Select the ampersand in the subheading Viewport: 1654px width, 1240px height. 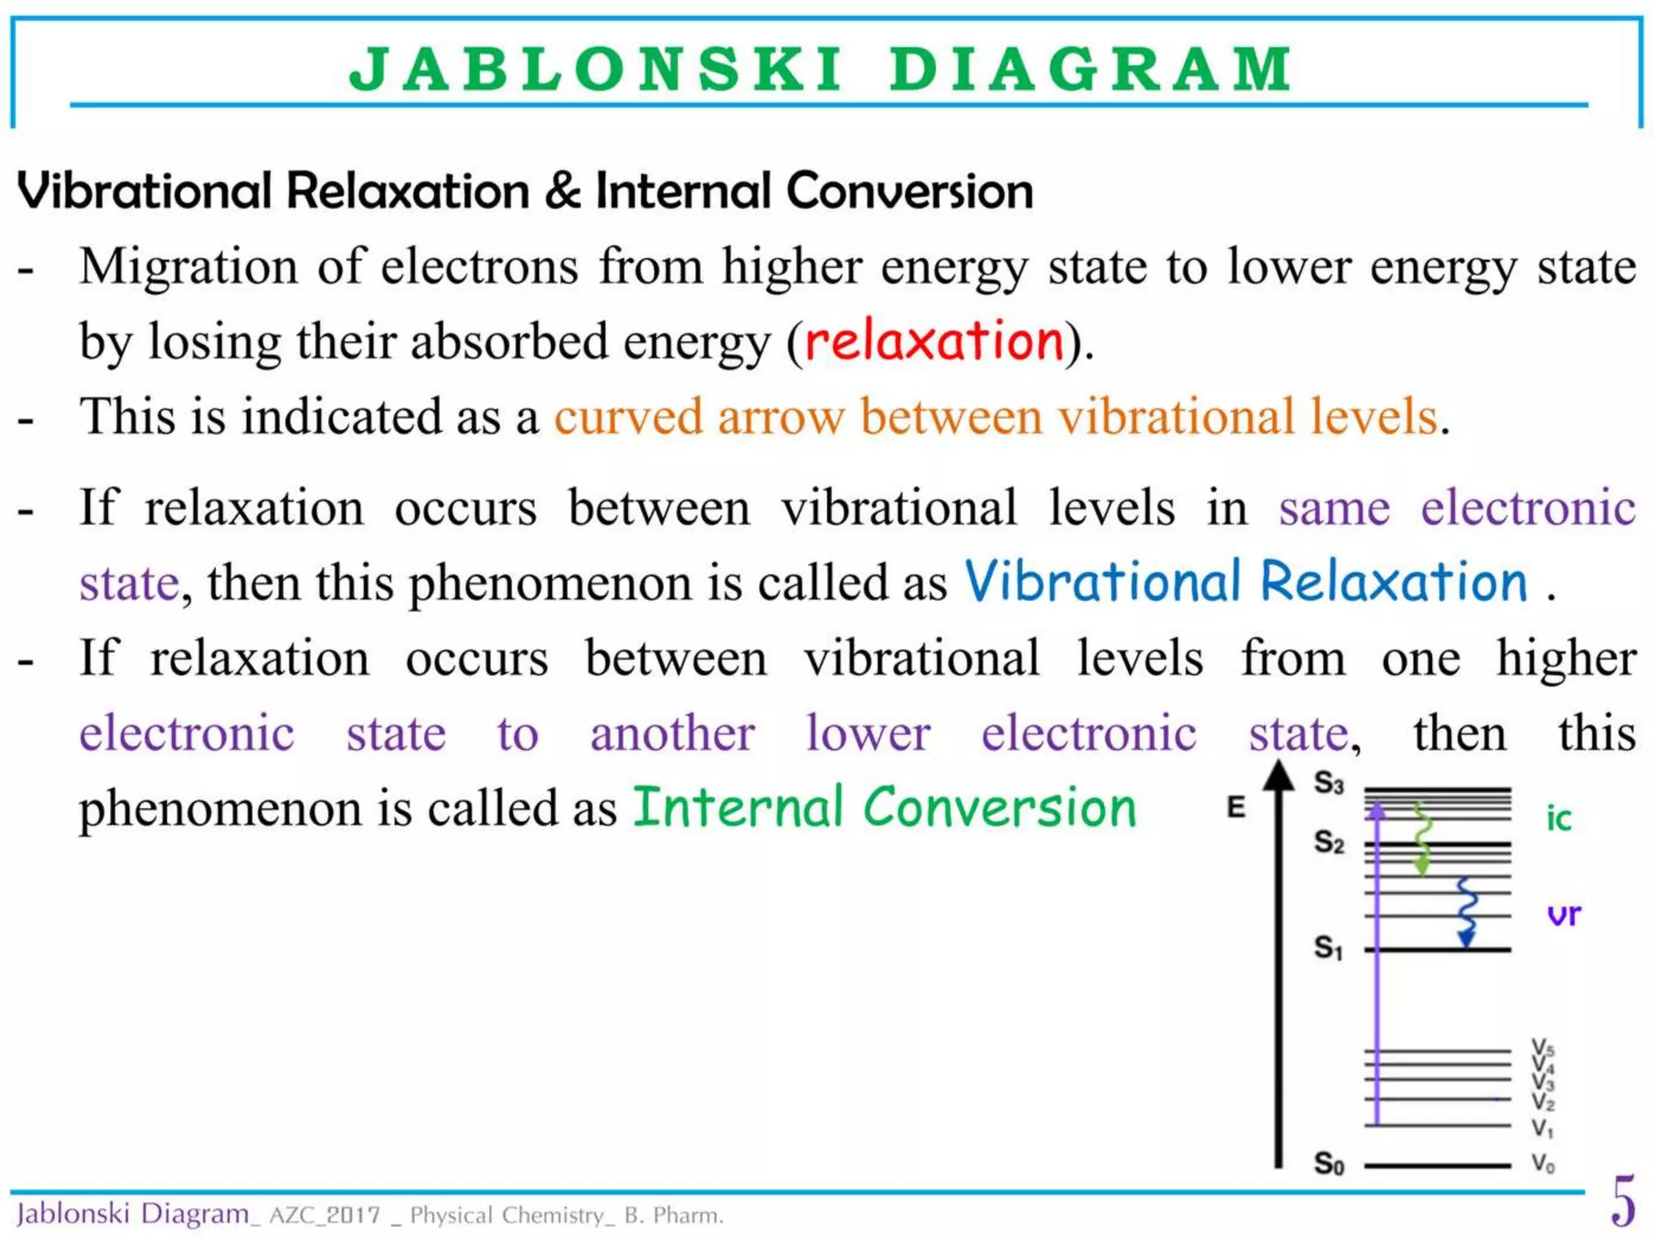[562, 191]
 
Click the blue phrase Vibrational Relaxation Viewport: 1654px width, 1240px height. [1246, 581]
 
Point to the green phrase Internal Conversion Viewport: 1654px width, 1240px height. [884, 807]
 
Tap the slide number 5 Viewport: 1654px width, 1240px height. [1623, 1202]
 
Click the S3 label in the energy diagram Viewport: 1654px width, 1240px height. [1329, 782]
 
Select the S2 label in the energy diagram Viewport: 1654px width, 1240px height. [1329, 842]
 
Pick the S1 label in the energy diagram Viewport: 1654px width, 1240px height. [1329, 946]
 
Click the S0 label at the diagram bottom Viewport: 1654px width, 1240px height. [1329, 1163]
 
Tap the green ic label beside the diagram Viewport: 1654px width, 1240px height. [1559, 819]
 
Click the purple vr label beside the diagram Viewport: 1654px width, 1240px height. [1564, 915]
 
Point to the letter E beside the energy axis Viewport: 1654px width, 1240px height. [1236, 806]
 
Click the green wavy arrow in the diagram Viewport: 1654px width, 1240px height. [1422, 840]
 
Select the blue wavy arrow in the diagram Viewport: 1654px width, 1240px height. [1467, 912]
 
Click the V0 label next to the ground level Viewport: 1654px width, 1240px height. [1543, 1163]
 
